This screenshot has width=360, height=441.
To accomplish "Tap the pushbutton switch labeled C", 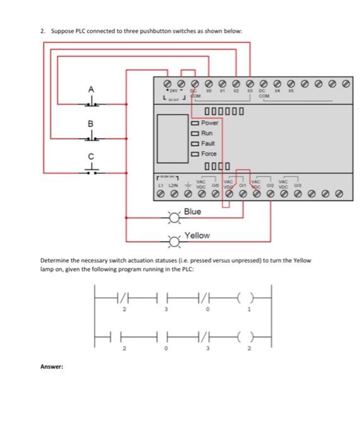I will tap(92, 168).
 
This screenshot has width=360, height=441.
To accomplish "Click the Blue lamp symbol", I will tap(174, 219).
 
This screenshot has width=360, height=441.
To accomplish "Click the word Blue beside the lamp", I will tap(192, 212).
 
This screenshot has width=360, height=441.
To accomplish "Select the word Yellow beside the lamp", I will tap(197, 235).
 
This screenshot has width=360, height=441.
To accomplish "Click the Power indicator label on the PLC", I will tap(209, 123).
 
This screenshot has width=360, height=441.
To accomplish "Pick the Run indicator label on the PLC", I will tap(207, 133).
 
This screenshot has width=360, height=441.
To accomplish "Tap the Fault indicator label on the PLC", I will tap(207, 144).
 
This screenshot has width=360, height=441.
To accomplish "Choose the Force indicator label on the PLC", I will tap(209, 154).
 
